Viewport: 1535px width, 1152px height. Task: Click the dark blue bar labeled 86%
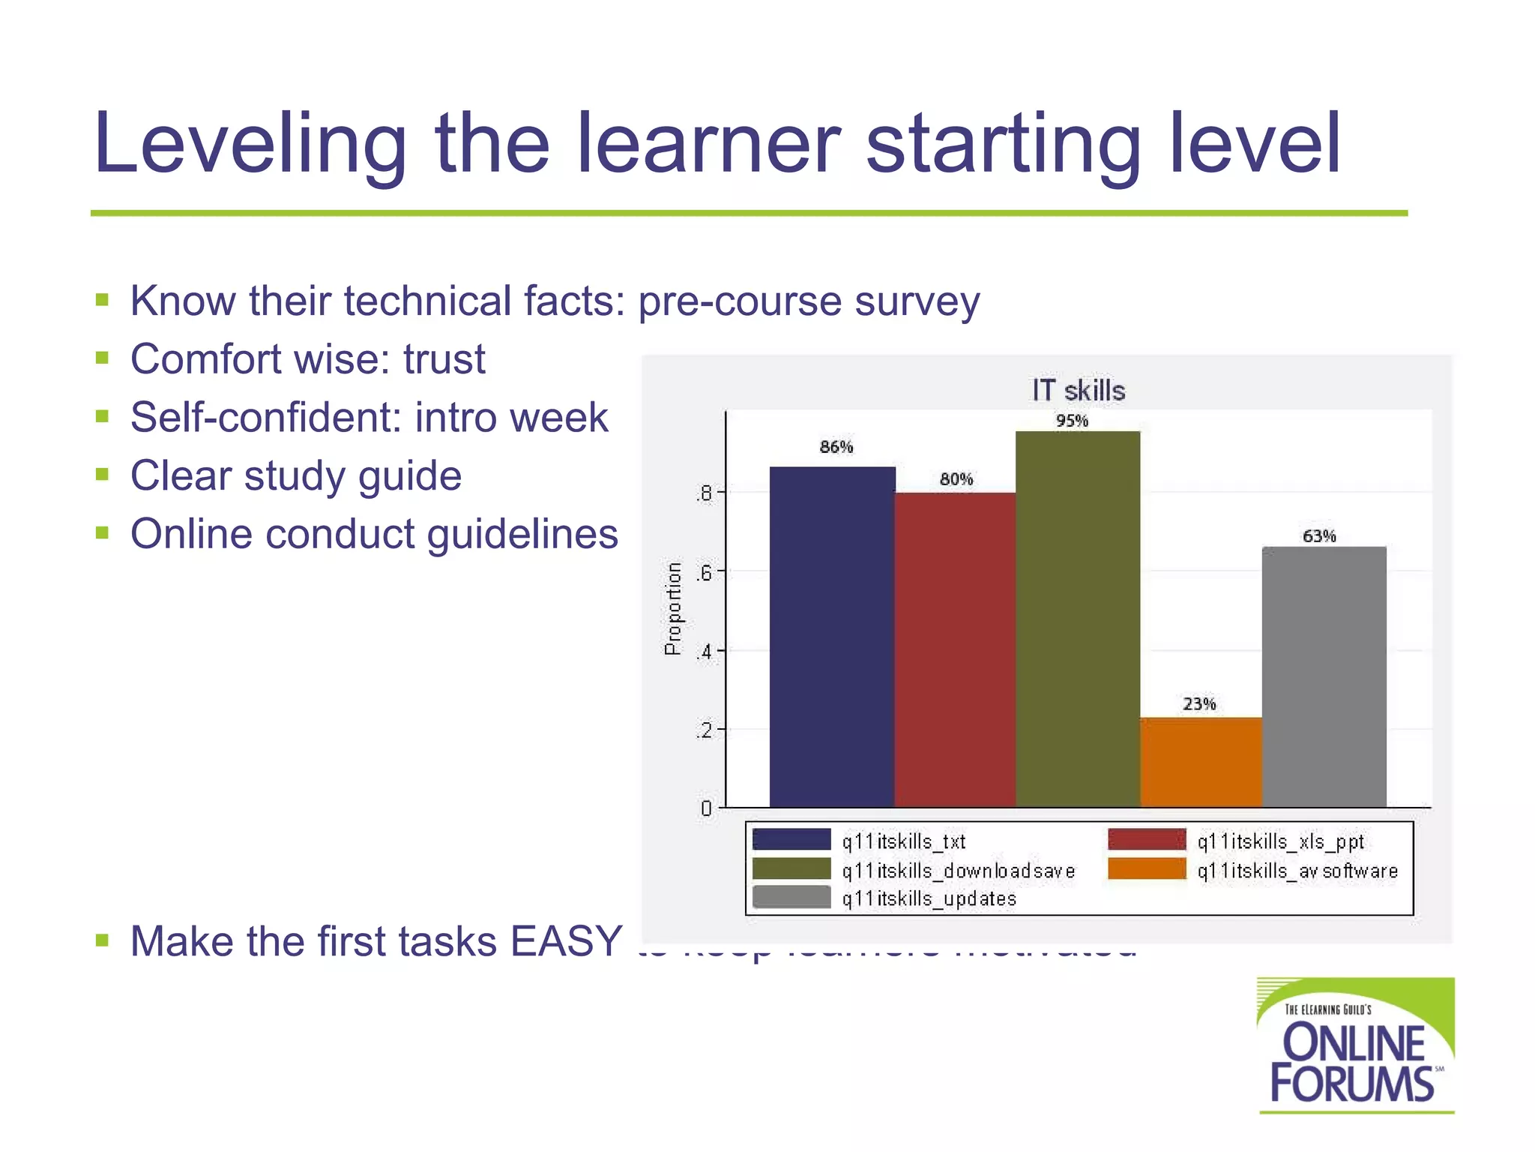coord(832,637)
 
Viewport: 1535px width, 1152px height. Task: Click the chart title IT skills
coord(1078,391)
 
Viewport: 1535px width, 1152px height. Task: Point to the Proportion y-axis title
coord(673,608)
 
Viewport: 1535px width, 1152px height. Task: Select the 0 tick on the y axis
coord(706,808)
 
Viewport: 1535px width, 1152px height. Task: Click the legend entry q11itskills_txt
coord(903,841)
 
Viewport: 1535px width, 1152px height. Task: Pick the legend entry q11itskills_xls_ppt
coord(1280,841)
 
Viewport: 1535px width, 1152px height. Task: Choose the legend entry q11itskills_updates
coord(929,898)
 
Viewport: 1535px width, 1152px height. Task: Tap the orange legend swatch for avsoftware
coord(1147,869)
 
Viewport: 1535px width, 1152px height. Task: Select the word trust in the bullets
coord(444,358)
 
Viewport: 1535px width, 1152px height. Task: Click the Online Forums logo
coord(1355,1045)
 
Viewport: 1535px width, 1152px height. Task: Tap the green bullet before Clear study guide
coord(103,475)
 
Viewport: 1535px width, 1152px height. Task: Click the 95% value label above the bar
coord(1072,421)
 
